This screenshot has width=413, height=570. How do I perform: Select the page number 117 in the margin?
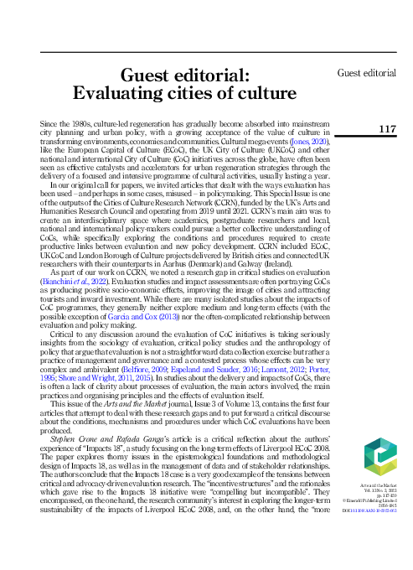tap(387, 128)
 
